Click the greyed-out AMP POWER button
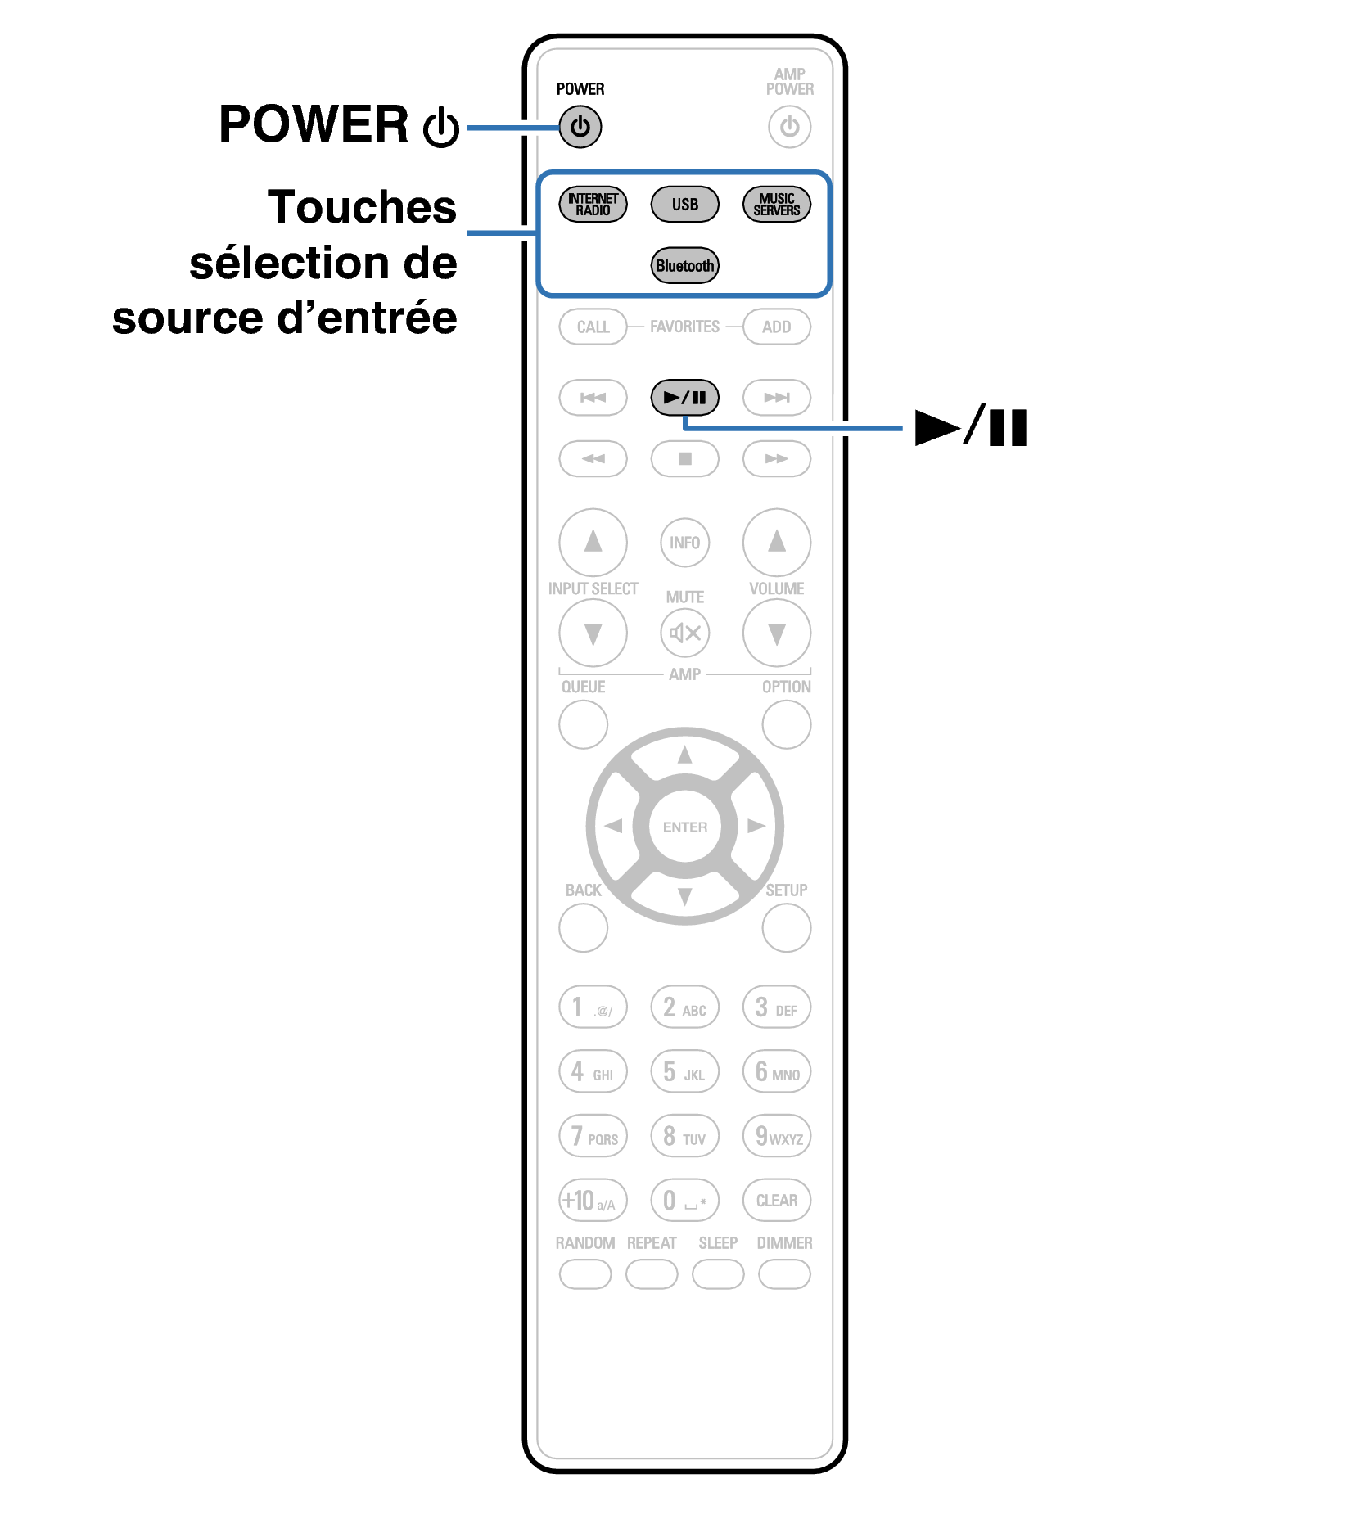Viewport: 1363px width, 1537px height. click(789, 127)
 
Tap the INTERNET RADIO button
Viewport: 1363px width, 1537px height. click(593, 204)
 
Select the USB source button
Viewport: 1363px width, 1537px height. click(684, 204)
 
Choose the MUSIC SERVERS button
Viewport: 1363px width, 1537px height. click(776, 204)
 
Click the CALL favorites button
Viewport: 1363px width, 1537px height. click(593, 327)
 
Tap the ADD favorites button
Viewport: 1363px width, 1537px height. click(776, 327)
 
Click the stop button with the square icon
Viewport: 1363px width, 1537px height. click(684, 458)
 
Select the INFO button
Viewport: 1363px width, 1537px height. click(684, 542)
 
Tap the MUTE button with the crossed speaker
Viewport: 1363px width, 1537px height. click(684, 633)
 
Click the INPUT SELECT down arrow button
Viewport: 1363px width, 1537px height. click(593, 633)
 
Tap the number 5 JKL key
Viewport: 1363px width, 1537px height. click(684, 1071)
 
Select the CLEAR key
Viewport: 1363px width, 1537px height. click(776, 1200)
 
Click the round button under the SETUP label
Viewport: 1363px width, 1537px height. click(786, 927)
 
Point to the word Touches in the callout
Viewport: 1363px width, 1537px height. click(362, 206)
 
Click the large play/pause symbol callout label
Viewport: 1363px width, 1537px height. click(971, 426)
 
